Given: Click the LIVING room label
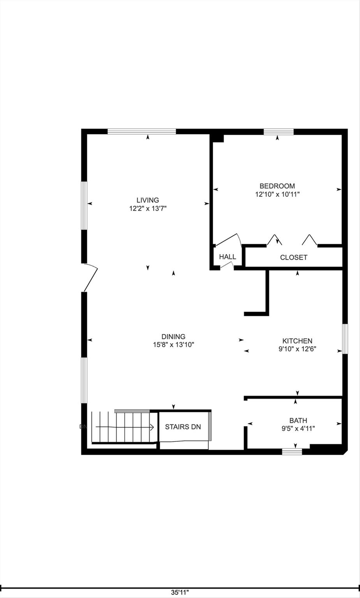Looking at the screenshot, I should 148,201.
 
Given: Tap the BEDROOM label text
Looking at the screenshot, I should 277,186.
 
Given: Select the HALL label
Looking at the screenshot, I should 227,257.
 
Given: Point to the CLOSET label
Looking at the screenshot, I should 293,257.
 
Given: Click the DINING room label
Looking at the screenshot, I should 173,337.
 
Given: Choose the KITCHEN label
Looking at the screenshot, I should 297,341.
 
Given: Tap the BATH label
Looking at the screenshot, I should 298,420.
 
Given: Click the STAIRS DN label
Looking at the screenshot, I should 183,427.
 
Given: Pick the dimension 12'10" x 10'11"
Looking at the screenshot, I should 277,194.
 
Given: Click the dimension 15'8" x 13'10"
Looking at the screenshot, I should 173,345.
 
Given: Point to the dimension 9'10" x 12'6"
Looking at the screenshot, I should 297,349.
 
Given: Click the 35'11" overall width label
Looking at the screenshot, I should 180,593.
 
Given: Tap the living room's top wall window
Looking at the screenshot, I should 142,132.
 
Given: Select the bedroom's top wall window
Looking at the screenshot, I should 278,132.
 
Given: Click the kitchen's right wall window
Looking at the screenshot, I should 345,339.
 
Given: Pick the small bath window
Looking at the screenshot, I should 292,452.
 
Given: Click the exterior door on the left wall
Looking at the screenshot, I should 90,277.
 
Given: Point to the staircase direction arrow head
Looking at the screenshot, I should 152,427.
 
